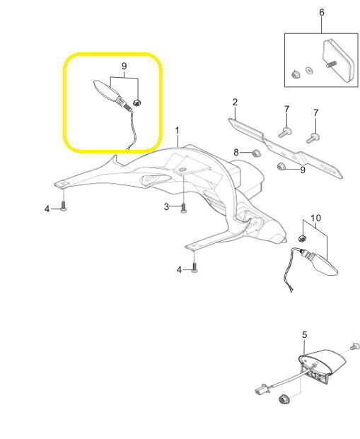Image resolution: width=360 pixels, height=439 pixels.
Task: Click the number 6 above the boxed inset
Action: (322, 13)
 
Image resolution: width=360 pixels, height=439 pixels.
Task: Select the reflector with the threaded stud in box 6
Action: (338, 61)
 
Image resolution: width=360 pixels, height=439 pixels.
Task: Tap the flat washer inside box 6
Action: (309, 71)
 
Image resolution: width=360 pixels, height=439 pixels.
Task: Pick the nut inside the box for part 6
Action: (296, 74)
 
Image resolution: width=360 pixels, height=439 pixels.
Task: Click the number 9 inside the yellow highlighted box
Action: (124, 66)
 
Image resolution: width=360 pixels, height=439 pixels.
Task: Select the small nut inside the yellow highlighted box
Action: (137, 103)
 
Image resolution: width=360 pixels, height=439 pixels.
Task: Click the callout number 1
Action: (177, 131)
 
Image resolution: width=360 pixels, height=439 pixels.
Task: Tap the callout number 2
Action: (235, 103)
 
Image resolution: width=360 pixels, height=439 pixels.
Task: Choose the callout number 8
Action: (236, 152)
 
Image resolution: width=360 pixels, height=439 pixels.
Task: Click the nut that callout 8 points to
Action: (256, 153)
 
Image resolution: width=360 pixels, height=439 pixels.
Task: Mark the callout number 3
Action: (166, 207)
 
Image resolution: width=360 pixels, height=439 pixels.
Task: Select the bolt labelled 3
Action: (183, 208)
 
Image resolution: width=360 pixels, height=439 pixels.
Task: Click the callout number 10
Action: (315, 218)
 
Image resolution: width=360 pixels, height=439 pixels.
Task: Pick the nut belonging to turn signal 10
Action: (302, 239)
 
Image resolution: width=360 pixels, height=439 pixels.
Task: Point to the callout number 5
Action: (305, 335)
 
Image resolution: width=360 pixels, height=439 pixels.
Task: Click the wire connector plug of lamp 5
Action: (262, 390)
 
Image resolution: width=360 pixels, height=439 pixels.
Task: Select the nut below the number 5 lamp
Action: (284, 399)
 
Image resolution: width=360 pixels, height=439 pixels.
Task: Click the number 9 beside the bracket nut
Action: (303, 170)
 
